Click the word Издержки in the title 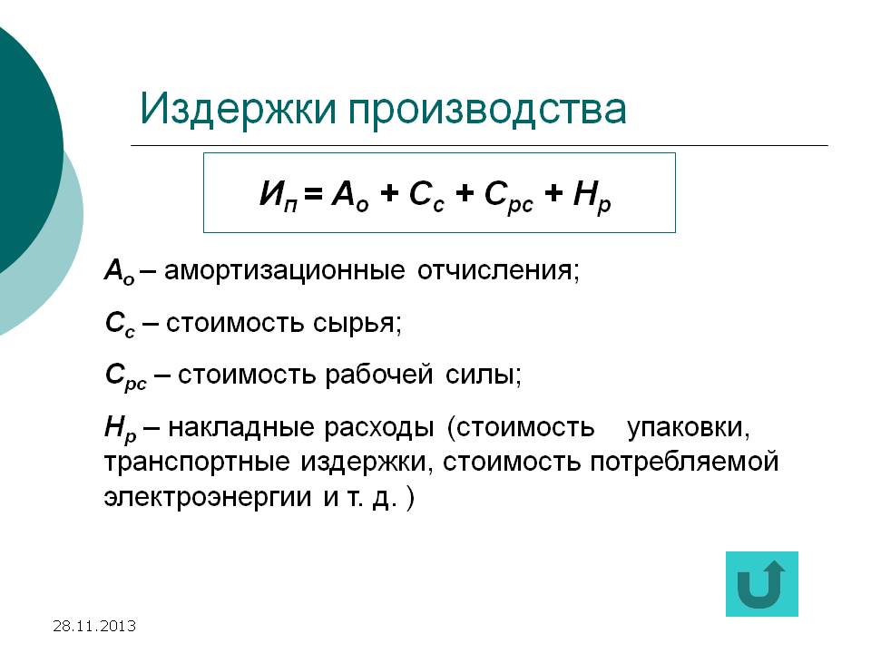238,110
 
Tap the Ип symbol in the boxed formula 279,196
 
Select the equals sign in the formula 313,193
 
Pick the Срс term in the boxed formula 508,197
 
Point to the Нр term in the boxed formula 592,197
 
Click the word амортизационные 284,271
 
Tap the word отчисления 498,271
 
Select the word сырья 357,324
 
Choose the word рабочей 378,375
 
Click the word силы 484,375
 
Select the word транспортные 197,463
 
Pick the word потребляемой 684,463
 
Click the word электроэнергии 207,498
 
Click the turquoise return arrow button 761,583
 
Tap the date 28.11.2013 94,627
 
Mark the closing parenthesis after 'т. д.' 410,499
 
